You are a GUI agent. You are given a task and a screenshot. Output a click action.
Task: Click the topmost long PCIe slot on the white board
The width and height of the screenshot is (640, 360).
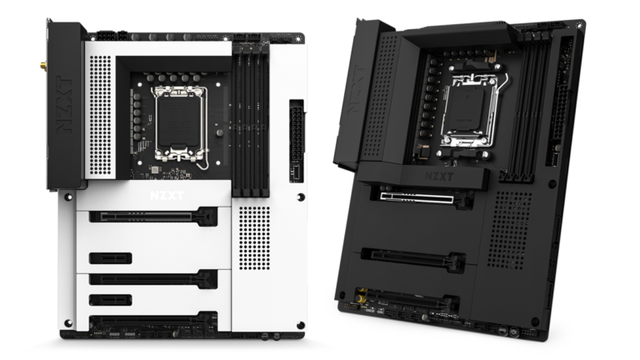pos(153,217)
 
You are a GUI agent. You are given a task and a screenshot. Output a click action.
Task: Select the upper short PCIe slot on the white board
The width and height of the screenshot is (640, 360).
pos(110,257)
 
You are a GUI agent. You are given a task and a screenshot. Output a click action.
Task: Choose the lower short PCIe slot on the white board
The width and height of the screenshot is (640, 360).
pos(110,299)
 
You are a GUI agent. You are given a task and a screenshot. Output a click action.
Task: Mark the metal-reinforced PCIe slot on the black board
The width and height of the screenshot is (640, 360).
pos(422,197)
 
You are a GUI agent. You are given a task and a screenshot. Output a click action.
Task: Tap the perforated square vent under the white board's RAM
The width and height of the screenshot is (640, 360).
pos(254,237)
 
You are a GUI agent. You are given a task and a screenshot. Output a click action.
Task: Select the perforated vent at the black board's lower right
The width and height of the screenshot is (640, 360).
pos(509,229)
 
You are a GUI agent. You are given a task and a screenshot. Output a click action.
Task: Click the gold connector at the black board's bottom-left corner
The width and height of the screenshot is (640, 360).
pos(362,295)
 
